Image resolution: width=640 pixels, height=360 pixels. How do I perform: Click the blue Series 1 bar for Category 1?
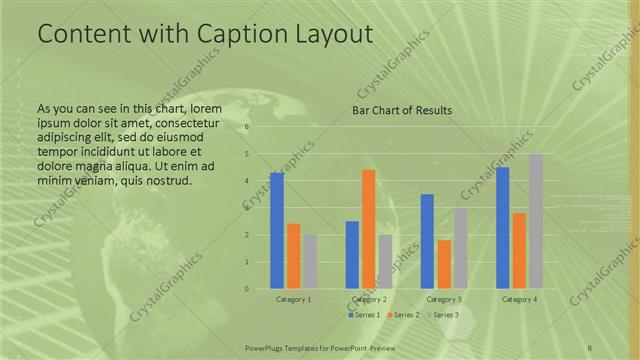tap(277, 230)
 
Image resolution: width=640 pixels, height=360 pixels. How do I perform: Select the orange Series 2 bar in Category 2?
tap(368, 229)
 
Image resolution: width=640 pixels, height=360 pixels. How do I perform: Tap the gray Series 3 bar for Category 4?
tap(536, 221)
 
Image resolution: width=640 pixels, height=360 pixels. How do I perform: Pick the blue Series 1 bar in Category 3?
tap(427, 241)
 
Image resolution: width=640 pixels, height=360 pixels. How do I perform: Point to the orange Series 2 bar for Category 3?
tap(444, 264)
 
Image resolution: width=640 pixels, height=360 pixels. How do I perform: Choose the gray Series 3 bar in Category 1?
tap(310, 261)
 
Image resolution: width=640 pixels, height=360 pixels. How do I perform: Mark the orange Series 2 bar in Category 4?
tap(519, 250)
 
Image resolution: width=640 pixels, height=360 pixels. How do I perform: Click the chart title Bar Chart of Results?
tap(401, 110)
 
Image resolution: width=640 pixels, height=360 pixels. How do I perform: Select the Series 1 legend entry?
tap(364, 315)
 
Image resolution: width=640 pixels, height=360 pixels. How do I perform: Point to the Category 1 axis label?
tap(293, 299)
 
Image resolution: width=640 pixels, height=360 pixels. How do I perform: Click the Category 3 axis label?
tap(443, 299)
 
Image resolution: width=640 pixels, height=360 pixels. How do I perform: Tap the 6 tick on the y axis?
tap(246, 127)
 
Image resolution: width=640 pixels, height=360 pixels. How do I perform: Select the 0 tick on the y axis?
tap(246, 289)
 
